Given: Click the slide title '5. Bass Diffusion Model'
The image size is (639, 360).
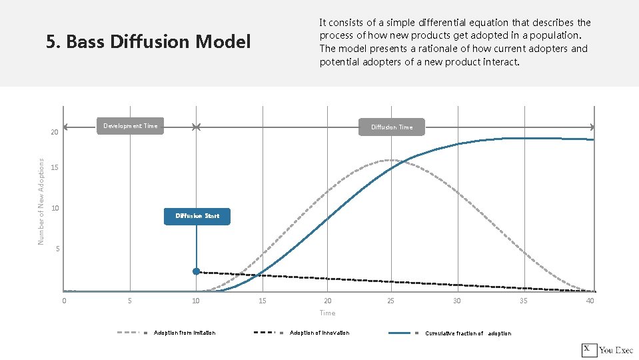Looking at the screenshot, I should (x=148, y=42).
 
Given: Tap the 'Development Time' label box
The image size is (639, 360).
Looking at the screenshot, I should (x=131, y=126).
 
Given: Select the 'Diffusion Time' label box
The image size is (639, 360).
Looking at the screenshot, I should (x=392, y=127).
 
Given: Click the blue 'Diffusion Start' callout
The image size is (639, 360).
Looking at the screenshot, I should (x=197, y=216).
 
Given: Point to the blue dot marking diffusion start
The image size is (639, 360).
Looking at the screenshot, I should (x=196, y=271).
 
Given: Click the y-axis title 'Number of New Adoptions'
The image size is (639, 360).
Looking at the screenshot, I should (x=41, y=201).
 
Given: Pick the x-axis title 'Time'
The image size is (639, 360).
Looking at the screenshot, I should (x=327, y=313).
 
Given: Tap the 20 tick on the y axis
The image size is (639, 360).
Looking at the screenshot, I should (x=55, y=133).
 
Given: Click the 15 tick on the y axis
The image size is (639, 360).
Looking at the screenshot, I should (x=55, y=167).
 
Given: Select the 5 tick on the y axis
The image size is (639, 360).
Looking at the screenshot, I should (x=58, y=249).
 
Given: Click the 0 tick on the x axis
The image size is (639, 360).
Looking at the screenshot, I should (x=64, y=301).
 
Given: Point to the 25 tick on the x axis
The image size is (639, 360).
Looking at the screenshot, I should (x=390, y=301).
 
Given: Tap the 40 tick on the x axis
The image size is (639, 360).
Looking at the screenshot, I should (x=590, y=301).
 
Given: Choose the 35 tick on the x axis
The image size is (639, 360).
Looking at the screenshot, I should (x=523, y=301).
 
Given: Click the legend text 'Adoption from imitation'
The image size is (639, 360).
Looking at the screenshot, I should (x=185, y=333).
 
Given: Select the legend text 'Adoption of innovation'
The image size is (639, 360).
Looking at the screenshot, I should (x=319, y=333).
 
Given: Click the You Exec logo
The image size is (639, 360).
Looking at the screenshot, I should (x=607, y=350).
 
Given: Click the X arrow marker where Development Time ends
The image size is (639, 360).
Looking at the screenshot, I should (x=196, y=127).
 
